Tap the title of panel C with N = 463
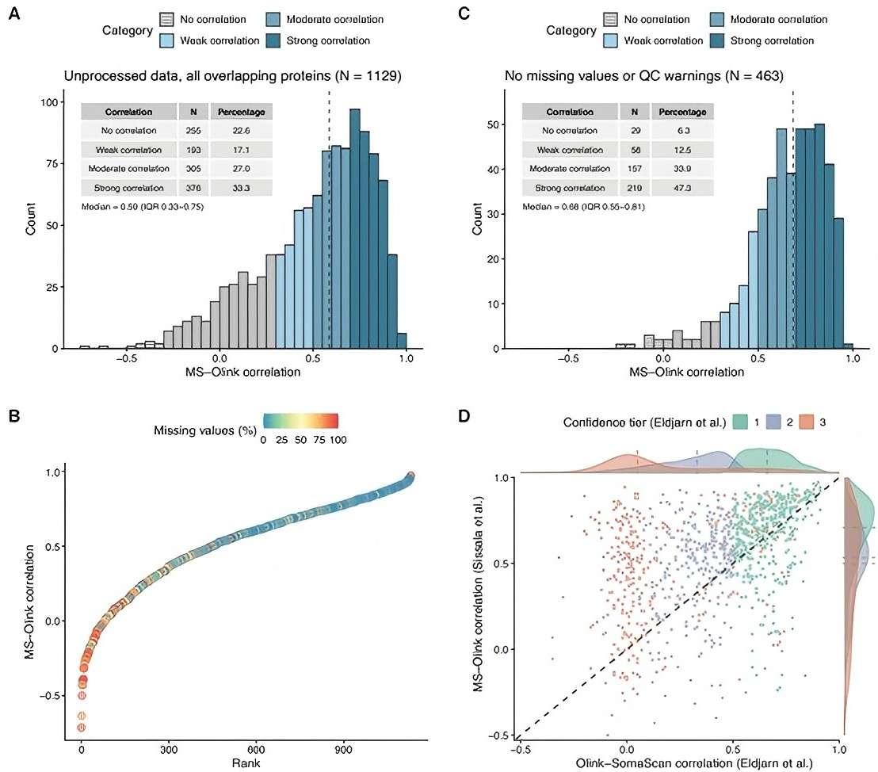coord(645,76)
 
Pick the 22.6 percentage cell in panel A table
coord(242,131)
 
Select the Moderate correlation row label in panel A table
coord(127,169)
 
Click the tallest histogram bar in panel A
coord(354,228)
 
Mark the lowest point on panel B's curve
coord(81,727)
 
